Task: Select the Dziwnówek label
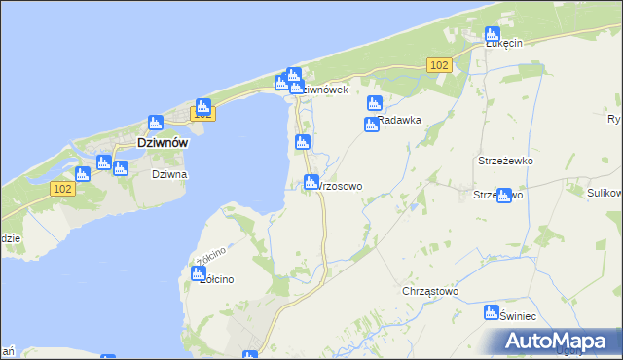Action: [321, 90]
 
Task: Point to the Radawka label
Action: [398, 121]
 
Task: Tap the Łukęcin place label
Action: [504, 43]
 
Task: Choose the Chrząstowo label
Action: [429, 291]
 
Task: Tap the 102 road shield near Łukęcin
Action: [438, 64]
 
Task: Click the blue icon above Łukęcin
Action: [493, 34]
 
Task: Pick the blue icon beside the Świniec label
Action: [492, 312]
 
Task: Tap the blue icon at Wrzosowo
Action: [311, 181]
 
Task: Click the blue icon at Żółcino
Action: [198, 273]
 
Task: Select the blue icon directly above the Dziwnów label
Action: [155, 122]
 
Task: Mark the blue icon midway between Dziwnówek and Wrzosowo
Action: [303, 143]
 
